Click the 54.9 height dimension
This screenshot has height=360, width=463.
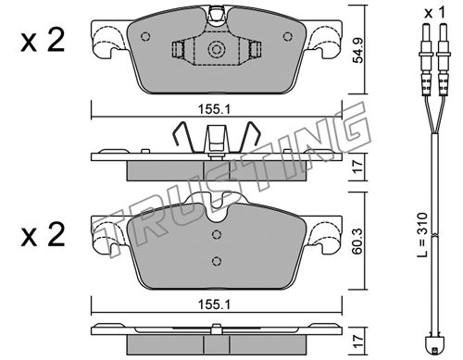(x=358, y=51)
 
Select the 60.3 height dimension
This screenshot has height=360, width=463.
(x=358, y=242)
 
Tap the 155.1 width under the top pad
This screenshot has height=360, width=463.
(x=215, y=109)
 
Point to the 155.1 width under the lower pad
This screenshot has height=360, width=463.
(x=215, y=304)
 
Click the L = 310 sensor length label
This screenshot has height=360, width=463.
(x=424, y=234)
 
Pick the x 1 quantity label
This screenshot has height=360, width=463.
(x=434, y=13)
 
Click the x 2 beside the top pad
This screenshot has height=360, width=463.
(x=43, y=41)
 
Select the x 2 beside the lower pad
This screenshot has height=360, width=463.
(x=43, y=235)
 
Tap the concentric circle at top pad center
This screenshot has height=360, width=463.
(x=217, y=49)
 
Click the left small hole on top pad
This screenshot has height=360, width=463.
(x=145, y=37)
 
